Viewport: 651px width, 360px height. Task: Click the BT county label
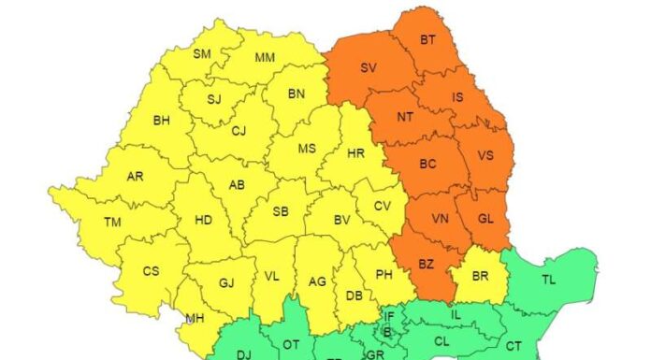point(427,39)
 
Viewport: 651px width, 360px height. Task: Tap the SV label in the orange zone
point(369,67)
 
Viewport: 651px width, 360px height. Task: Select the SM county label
point(201,54)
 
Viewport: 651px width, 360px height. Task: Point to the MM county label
point(265,58)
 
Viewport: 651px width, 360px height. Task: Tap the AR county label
point(135,176)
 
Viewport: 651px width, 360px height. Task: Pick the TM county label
point(112,222)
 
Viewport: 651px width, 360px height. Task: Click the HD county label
point(203,221)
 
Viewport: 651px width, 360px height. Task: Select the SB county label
point(280,212)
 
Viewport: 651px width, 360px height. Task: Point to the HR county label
point(355,153)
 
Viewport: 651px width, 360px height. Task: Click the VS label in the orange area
point(485,155)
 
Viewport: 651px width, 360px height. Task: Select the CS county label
point(152,271)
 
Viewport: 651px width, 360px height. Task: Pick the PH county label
point(383,274)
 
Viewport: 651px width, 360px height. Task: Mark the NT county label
point(405,117)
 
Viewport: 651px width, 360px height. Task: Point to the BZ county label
point(426,265)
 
